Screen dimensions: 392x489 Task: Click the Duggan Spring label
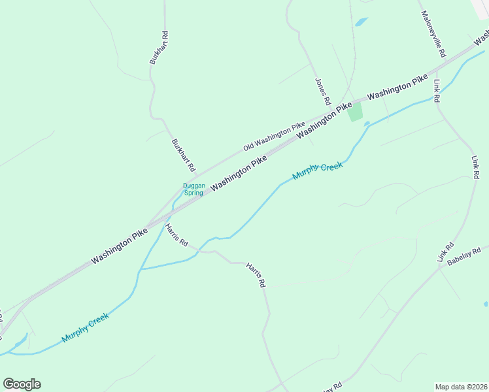point(194,189)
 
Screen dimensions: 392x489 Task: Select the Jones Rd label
point(322,92)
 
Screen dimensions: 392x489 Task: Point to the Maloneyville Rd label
point(433,33)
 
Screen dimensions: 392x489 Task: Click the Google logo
point(22,384)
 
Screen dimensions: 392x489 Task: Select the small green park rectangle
point(355,112)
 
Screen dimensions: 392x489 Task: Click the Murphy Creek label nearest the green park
point(318,171)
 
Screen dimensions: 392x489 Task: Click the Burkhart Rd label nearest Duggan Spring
point(183,155)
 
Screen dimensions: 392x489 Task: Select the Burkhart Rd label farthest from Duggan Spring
point(159,48)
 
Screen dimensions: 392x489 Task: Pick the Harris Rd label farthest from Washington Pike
point(256,275)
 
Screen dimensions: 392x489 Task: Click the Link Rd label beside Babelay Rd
point(447,253)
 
